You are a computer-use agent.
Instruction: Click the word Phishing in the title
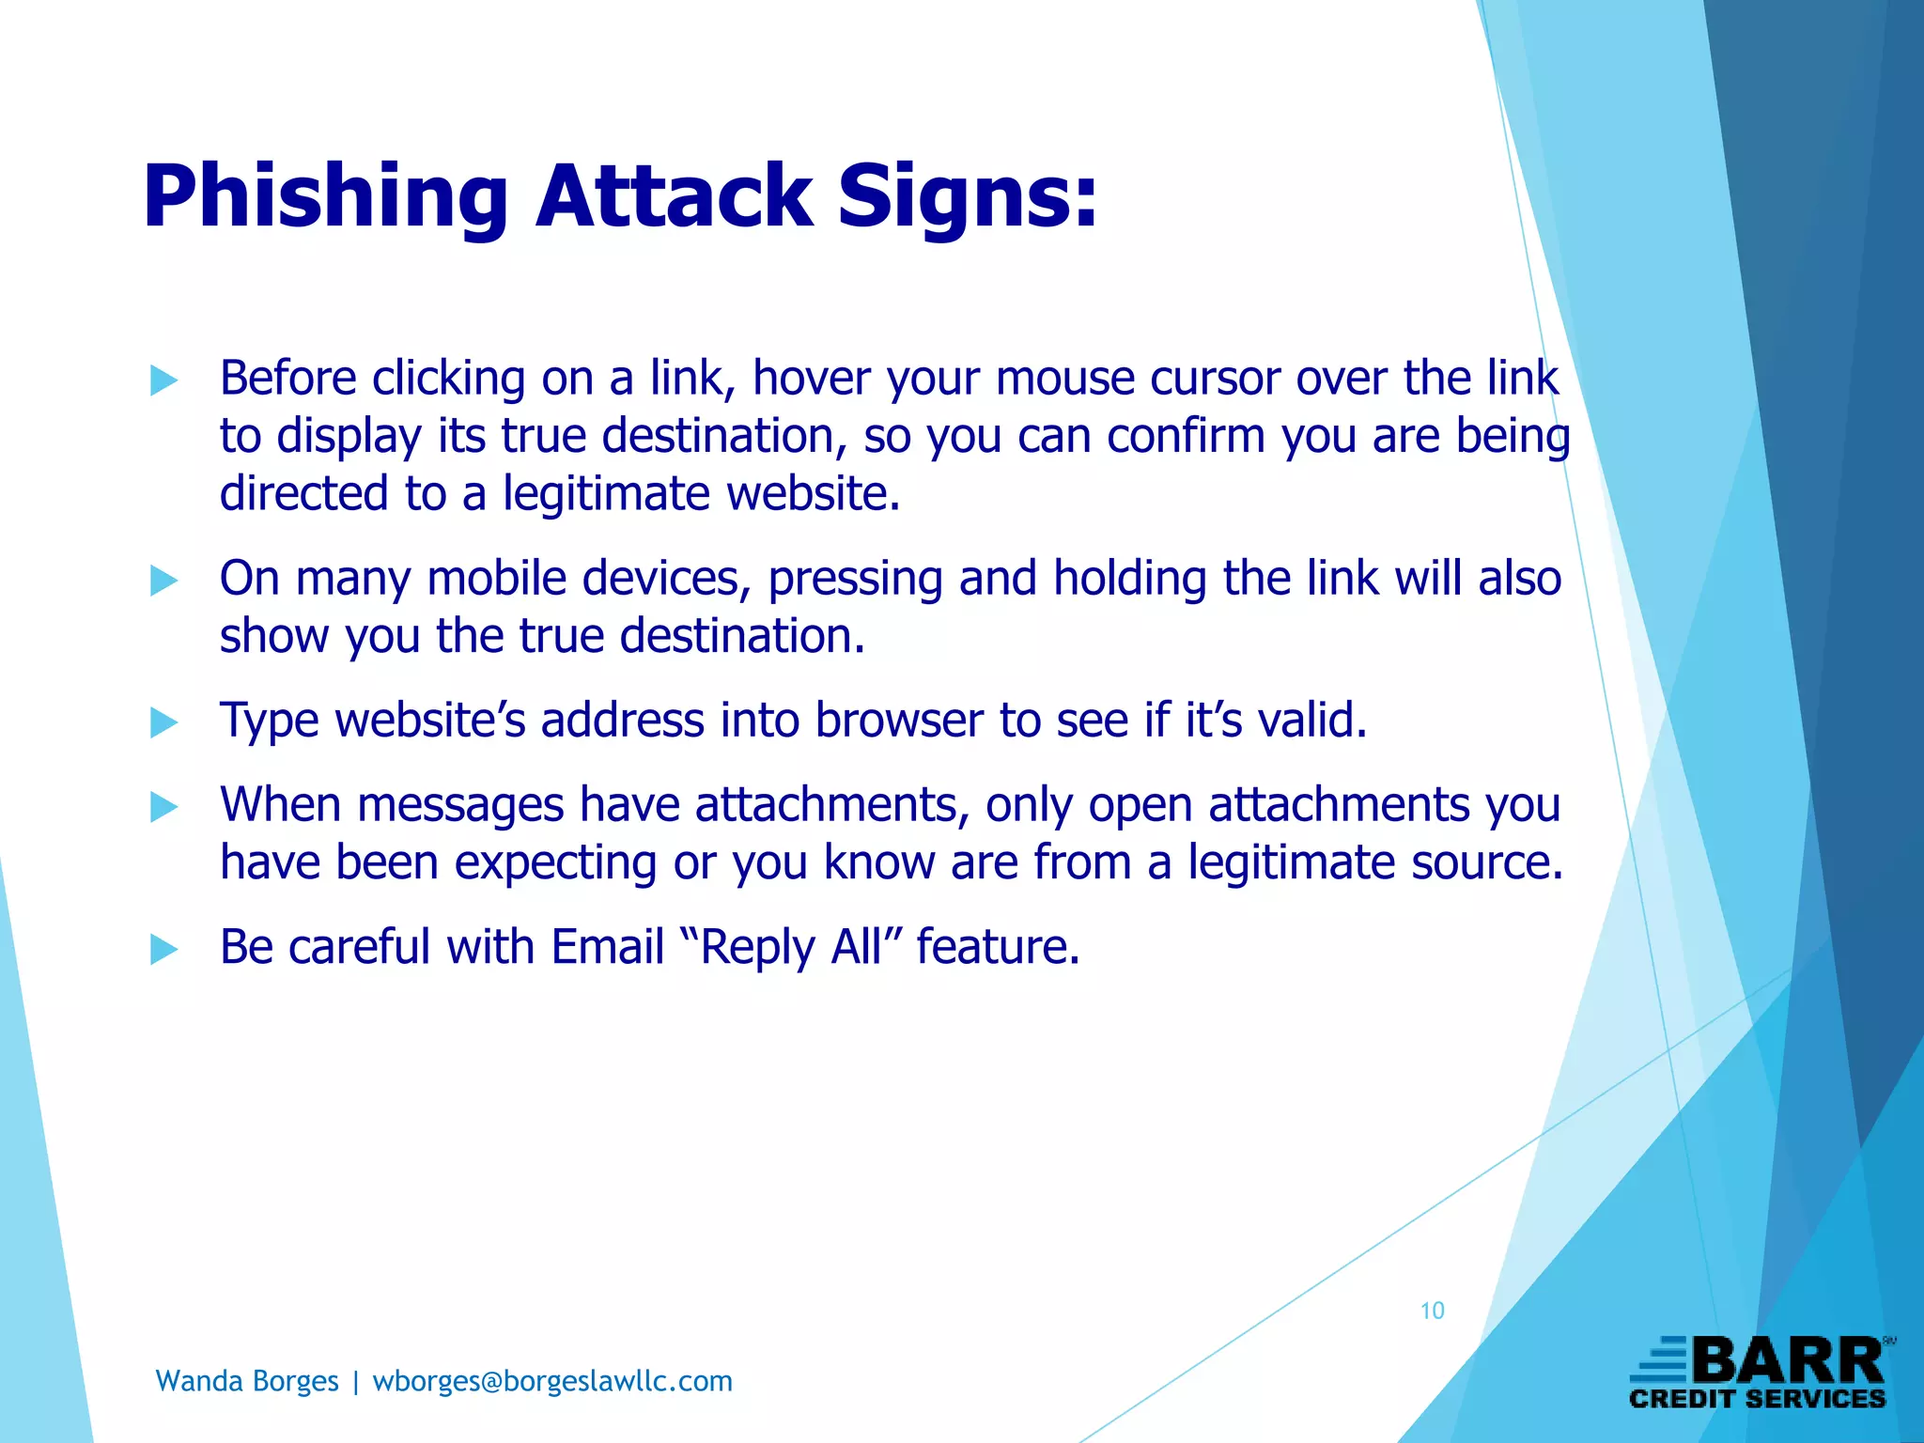[x=325, y=197]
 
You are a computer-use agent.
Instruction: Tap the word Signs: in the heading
[x=967, y=197]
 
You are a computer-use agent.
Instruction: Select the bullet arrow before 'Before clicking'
[x=163, y=380]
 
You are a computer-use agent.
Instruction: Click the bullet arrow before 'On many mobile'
[x=163, y=581]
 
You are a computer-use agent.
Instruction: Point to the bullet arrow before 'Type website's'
[x=163, y=722]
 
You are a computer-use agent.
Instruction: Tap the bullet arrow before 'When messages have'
[x=163, y=807]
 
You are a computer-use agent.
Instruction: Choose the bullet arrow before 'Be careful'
[x=163, y=949]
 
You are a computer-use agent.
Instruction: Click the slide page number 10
[x=1432, y=1311]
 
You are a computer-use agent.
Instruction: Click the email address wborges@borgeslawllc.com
[x=552, y=1381]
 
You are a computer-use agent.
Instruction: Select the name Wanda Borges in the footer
[x=247, y=1381]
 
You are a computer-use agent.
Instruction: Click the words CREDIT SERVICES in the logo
[x=1757, y=1399]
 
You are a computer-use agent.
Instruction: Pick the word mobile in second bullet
[x=497, y=579]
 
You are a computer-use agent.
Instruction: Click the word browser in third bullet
[x=898, y=721]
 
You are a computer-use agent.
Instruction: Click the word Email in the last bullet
[x=608, y=947]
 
